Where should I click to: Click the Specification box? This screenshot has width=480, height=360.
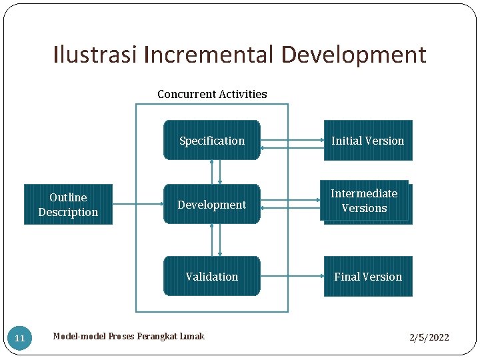coord(211,140)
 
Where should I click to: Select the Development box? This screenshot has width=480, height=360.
coord(211,204)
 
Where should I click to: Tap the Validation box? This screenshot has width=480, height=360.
coord(211,276)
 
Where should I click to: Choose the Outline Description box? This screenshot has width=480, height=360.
coord(68,204)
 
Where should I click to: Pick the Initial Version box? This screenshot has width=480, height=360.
coord(368,140)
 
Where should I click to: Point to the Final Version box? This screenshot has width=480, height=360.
coord(368,276)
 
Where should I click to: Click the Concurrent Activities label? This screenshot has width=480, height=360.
coord(212,94)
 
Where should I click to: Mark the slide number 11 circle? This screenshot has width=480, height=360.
coord(20,338)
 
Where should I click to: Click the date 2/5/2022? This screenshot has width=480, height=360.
coord(429,337)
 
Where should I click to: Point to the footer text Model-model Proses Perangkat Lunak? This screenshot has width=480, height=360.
coord(129,336)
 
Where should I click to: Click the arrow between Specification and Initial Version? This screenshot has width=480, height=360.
coord(292,143)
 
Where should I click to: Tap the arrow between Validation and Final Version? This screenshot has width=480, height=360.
coord(292,276)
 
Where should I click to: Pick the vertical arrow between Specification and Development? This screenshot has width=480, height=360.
coord(215,172)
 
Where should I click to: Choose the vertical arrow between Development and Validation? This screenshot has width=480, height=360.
coord(215,240)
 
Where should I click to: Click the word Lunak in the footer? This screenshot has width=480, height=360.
coord(191,336)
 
